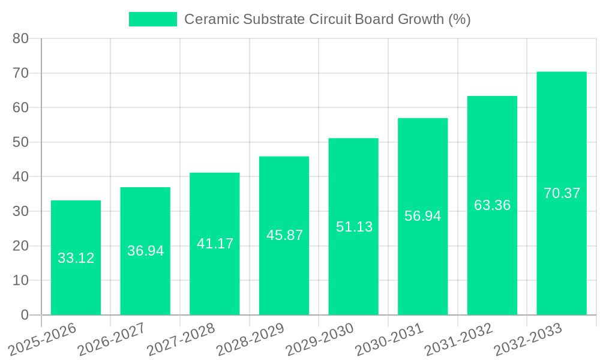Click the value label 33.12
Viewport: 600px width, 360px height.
76,258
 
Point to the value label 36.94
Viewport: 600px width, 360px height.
145,251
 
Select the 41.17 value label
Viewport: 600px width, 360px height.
215,244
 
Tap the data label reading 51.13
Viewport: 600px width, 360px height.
354,227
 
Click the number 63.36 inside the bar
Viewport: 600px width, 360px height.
492,205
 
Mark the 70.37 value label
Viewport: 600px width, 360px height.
562,193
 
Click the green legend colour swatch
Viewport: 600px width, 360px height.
153,19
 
